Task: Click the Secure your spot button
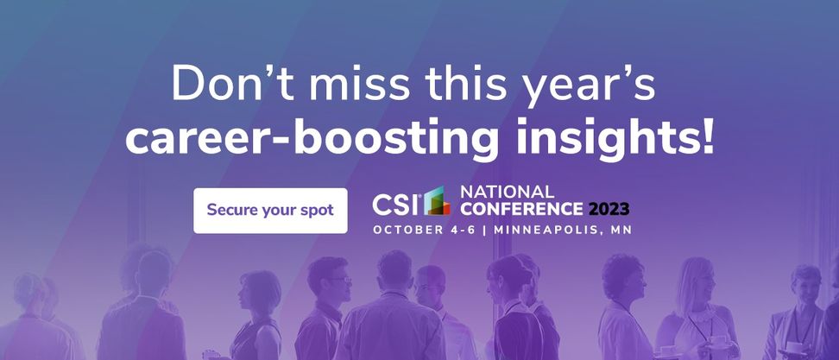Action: (x=270, y=211)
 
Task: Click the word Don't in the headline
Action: (x=234, y=84)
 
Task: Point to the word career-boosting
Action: (x=311, y=137)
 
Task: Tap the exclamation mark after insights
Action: (x=706, y=136)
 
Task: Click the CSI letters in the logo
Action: (x=396, y=204)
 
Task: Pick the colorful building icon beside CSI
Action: (x=437, y=200)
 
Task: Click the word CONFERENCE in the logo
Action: (x=521, y=209)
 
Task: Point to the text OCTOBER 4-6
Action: (x=425, y=230)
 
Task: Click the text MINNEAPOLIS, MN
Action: (x=563, y=230)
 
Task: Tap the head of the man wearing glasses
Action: (x=330, y=278)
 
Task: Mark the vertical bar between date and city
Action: (x=485, y=230)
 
